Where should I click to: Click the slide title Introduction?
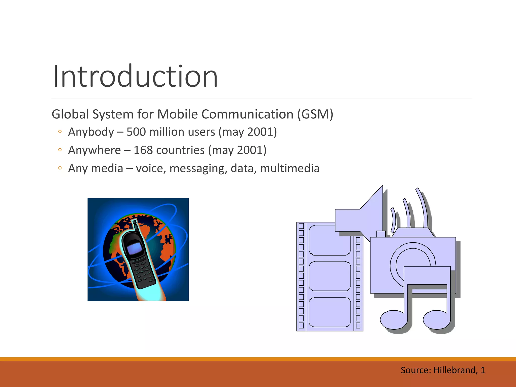click(x=135, y=76)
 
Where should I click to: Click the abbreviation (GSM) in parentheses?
click(x=315, y=114)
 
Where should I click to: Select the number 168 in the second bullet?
click(x=143, y=150)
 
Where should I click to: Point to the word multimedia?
click(x=289, y=168)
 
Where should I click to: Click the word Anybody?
click(x=91, y=132)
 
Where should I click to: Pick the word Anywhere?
click(x=94, y=150)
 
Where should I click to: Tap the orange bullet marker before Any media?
click(x=60, y=168)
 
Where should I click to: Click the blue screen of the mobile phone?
click(x=134, y=248)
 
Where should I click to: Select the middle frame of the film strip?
click(x=330, y=276)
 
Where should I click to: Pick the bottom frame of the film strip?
click(x=330, y=312)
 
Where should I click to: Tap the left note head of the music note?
click(x=393, y=320)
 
